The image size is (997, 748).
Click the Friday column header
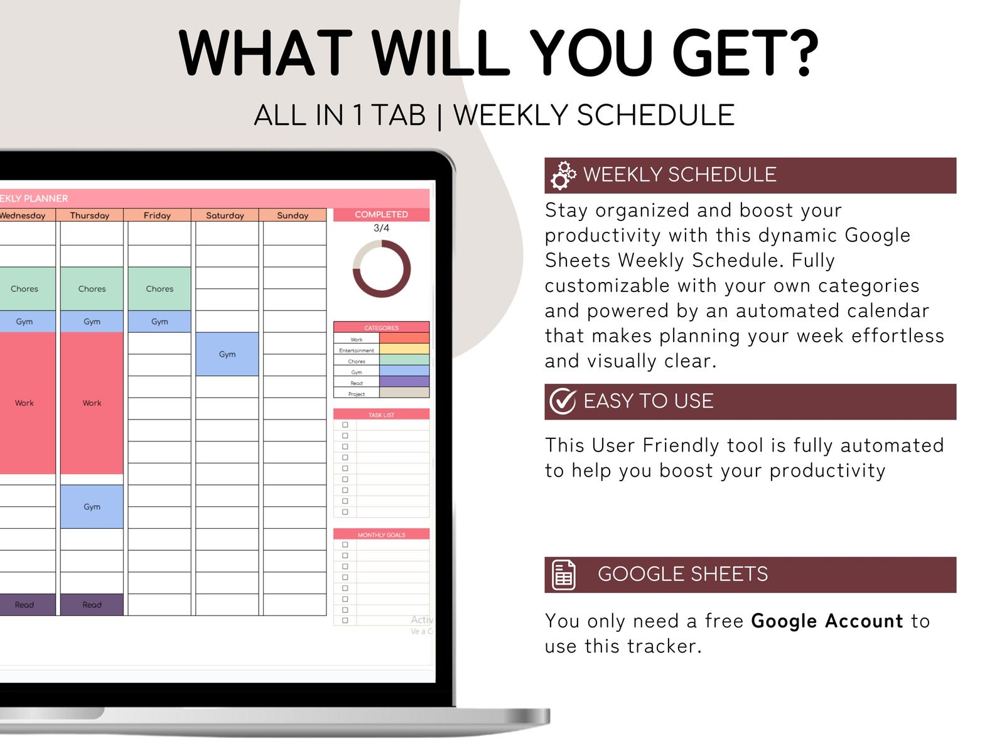coord(157,215)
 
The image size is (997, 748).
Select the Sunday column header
coord(293,215)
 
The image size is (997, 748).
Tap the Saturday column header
coord(225,215)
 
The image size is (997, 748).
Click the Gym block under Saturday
coord(227,354)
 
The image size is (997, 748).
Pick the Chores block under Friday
coord(159,289)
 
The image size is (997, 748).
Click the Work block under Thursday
coord(92,403)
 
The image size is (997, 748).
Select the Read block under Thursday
coord(92,605)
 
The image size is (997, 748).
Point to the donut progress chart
coord(382,268)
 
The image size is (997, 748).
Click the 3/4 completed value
coord(381,228)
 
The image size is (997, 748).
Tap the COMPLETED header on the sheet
coord(381,214)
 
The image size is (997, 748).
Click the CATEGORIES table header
coord(381,327)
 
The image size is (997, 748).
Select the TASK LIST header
coord(381,415)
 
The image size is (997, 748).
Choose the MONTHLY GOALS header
coord(381,534)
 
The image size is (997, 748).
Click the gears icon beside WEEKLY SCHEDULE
coord(563,175)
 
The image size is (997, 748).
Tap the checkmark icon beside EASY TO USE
coord(563,401)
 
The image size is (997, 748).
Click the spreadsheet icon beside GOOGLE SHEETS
coord(563,574)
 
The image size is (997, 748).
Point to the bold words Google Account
coord(827,621)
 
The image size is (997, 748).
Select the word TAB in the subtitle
coord(398,116)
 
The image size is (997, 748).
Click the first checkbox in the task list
coord(345,425)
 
